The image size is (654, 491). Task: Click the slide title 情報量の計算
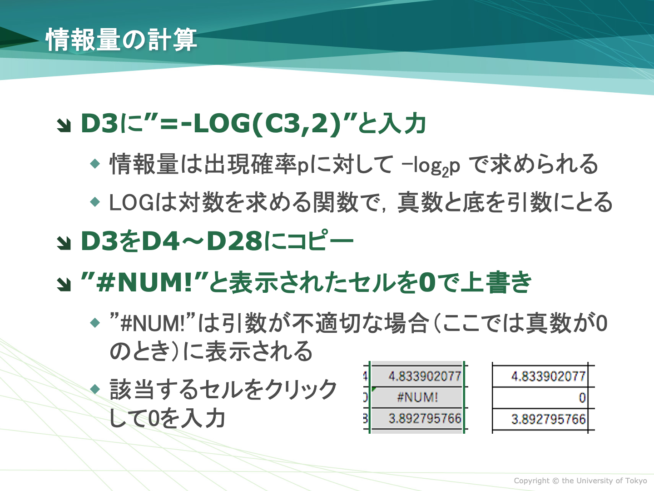pos(121,40)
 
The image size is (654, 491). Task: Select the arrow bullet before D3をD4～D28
pos(64,243)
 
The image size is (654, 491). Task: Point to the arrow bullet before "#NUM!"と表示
pos(64,284)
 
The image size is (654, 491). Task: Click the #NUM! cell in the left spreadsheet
pos(417,397)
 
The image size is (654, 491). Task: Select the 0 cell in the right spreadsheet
pos(582,398)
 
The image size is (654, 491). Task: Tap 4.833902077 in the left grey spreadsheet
pos(425,376)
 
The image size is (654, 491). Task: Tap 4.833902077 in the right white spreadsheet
pos(549,376)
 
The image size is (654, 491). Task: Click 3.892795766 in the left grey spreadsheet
pos(425,419)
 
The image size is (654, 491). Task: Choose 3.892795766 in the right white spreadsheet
pos(549,419)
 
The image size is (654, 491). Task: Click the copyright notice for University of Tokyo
pos(580,481)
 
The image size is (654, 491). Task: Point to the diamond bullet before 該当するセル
pos(95,389)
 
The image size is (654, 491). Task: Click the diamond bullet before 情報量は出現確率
pos(95,164)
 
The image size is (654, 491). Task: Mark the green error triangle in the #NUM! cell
pos(374,389)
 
